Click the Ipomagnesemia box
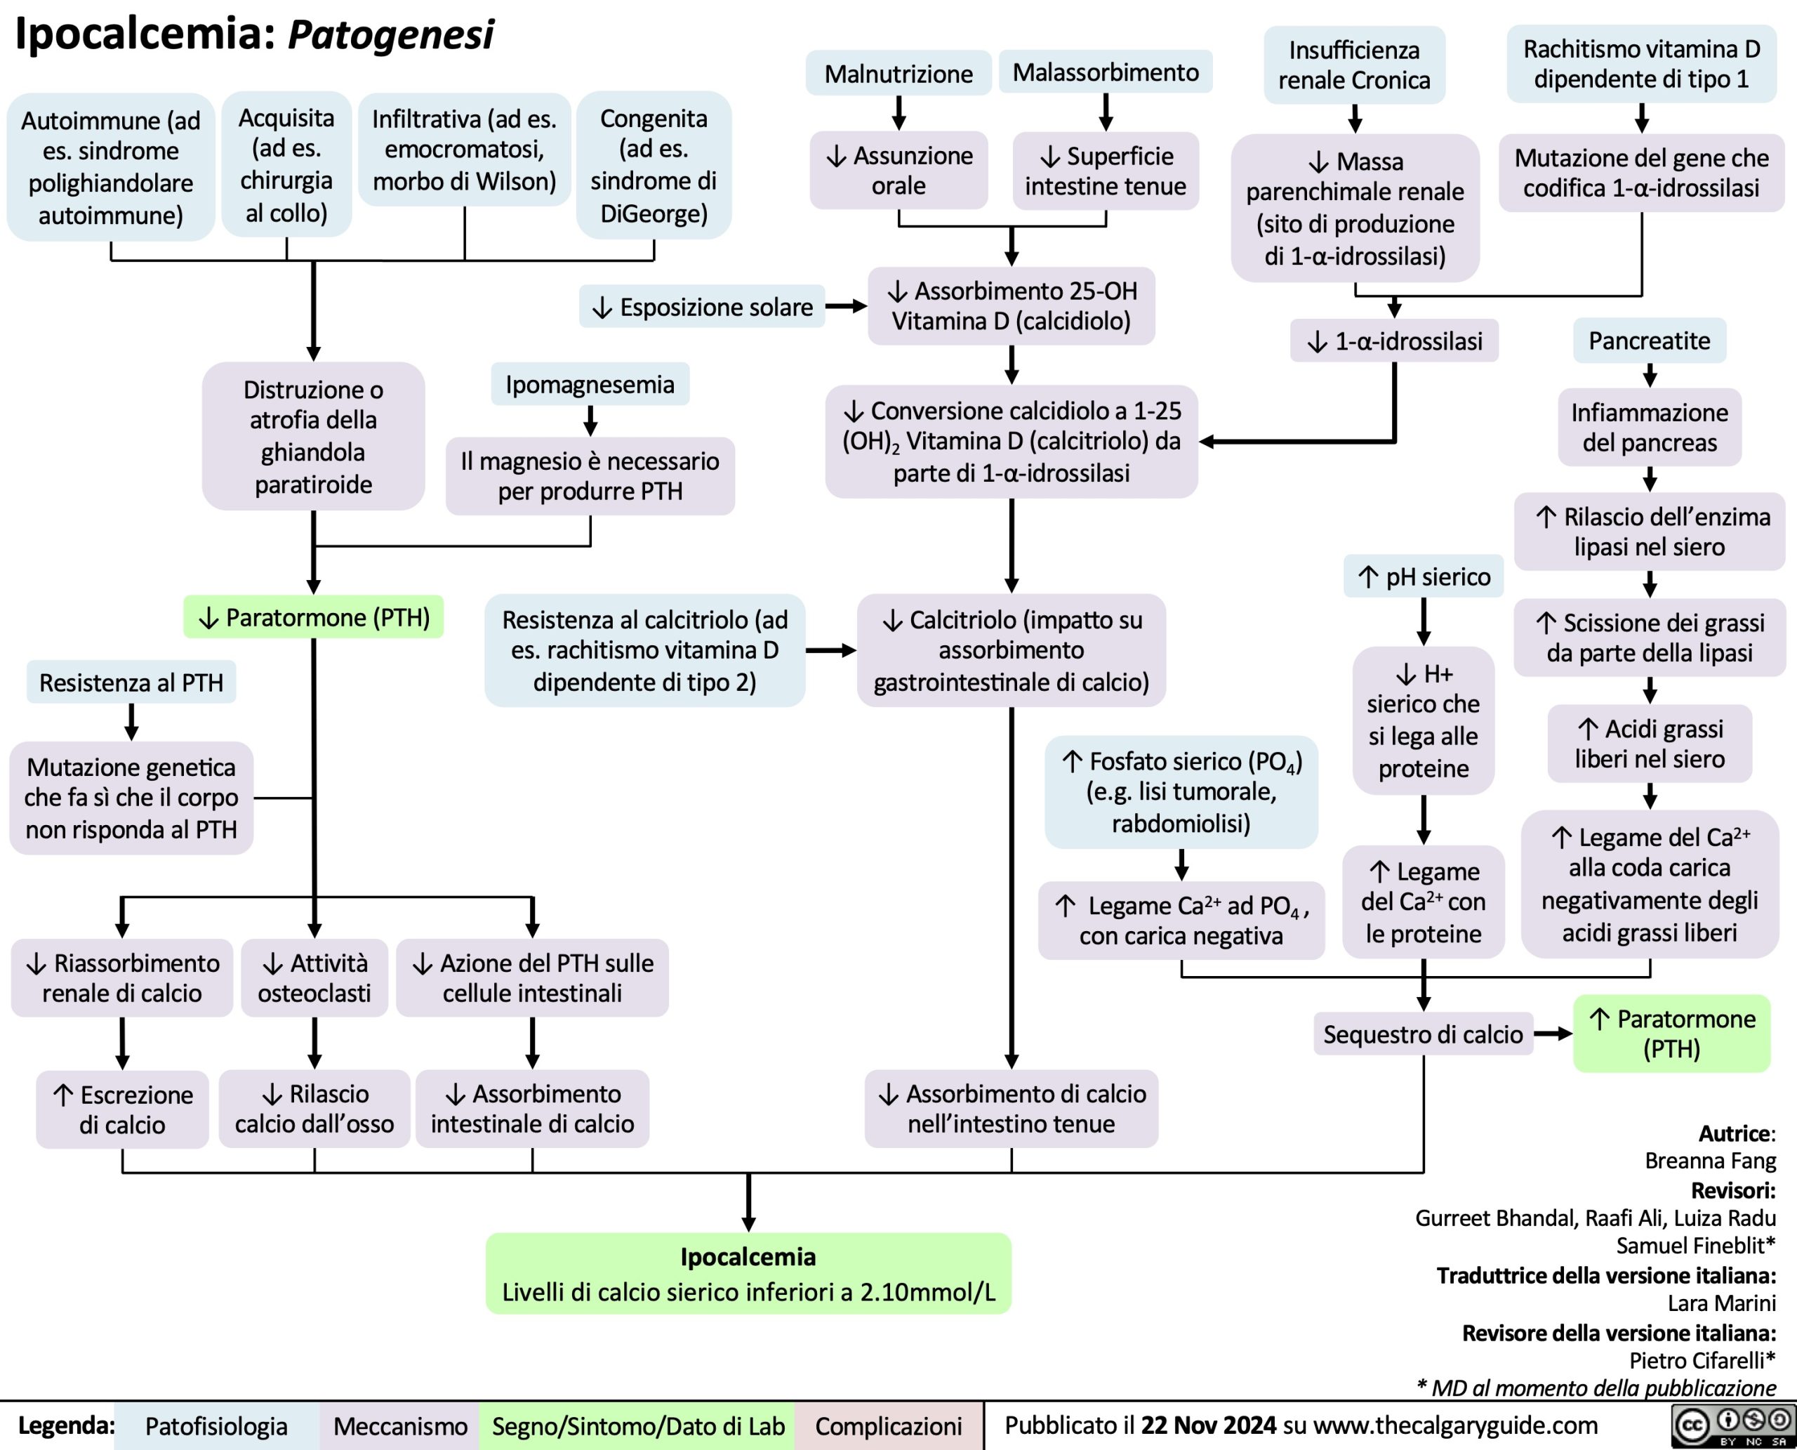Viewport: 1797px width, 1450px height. (590, 384)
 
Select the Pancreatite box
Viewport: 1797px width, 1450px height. (1649, 341)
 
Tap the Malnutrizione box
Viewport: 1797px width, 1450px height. (898, 74)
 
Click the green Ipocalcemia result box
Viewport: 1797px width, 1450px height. (748, 1273)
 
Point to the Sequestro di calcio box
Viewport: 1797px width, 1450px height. (1423, 1034)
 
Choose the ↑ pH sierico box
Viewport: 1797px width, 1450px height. (1424, 576)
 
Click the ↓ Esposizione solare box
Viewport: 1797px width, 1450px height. (702, 307)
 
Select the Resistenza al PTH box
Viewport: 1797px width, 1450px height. (131, 683)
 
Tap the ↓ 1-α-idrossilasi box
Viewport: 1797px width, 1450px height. (1395, 341)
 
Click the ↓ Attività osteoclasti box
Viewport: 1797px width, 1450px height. (314, 978)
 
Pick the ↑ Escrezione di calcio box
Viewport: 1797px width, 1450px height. (122, 1109)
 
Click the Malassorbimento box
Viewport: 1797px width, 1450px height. (1106, 72)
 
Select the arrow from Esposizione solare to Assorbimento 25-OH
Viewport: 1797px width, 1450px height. (847, 307)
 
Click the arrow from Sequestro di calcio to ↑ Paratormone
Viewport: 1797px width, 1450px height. (1553, 1034)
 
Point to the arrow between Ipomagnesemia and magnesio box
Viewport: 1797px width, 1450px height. (590, 420)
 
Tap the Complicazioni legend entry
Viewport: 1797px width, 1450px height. (889, 1426)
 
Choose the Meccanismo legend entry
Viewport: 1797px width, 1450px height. (400, 1426)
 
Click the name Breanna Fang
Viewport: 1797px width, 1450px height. (1709, 1160)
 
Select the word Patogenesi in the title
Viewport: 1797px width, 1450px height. (390, 35)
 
